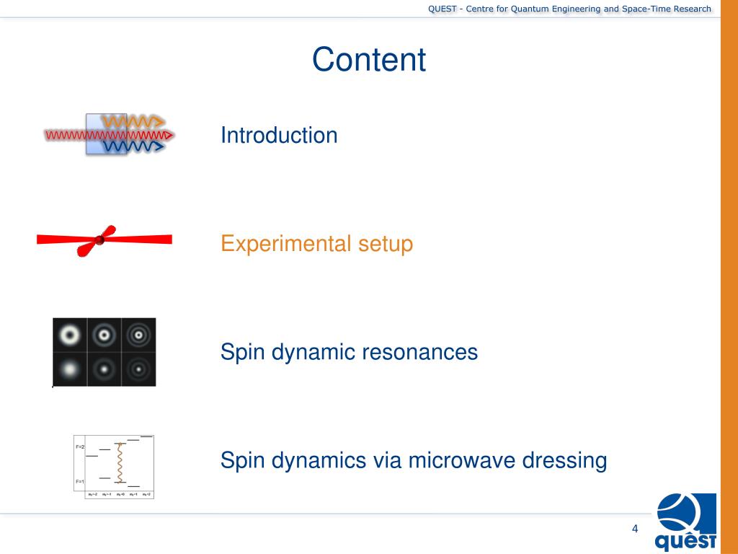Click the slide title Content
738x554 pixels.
pos(369,60)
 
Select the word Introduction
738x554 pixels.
pos(279,135)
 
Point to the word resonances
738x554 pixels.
pos(419,352)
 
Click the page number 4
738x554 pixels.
pos(635,529)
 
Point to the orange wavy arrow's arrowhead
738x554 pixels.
pos(160,120)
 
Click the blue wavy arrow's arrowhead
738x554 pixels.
pos(160,146)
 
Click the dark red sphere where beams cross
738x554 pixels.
pos(99,239)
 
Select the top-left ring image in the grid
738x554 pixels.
pos(70,335)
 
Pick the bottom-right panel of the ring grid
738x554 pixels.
pos(138,369)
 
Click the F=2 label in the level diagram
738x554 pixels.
pos(80,448)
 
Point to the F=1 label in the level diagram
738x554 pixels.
pos(80,481)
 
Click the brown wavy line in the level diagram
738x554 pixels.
pos(120,463)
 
